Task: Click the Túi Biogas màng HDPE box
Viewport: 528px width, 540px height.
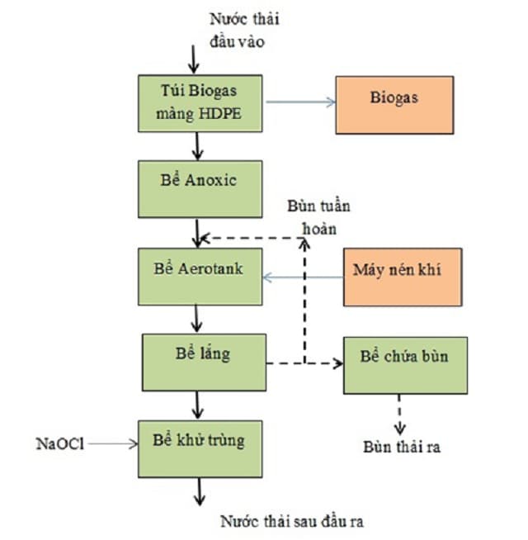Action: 200,102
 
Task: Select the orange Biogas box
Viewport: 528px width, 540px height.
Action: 398,102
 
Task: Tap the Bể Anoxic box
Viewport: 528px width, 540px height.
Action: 200,188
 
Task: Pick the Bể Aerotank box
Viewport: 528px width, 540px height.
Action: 200,275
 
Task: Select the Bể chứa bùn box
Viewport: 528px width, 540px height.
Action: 404,364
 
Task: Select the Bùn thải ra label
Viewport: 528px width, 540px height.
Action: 402,448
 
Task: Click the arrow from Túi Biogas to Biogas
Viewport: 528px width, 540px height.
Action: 298,102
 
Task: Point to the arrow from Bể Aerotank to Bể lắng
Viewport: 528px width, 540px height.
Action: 197,318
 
